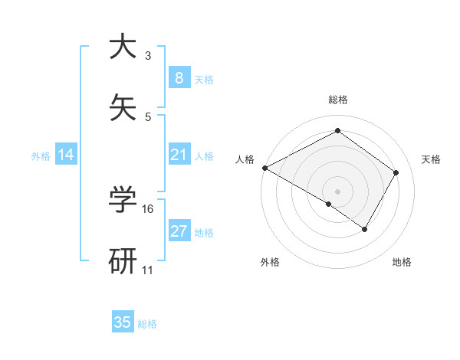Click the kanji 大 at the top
tap(123, 47)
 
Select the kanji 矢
tap(123, 108)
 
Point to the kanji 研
tap(123, 261)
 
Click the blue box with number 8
tap(179, 78)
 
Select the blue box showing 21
tap(179, 155)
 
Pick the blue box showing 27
tap(179, 231)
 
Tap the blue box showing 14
tap(66, 155)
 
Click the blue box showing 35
tap(123, 322)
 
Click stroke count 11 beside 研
tap(148, 270)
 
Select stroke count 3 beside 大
tap(148, 55)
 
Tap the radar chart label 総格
tap(337, 100)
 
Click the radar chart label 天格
tap(431, 159)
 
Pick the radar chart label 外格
tap(270, 262)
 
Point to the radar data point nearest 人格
tap(264, 167)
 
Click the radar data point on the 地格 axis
tap(365, 229)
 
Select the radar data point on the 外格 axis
tap(328, 204)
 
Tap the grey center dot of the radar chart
tap(337, 191)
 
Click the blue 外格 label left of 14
tap(41, 155)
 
